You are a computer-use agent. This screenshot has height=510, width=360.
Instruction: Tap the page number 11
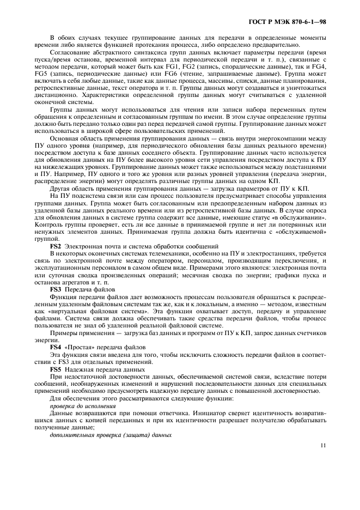tap(322, 445)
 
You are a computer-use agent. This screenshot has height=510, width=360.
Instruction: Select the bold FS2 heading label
tap(56, 246)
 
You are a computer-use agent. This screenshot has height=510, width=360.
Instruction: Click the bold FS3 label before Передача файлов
tap(56, 289)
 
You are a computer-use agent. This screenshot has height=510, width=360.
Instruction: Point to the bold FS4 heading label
tap(56, 347)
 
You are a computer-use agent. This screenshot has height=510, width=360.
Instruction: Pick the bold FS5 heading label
tap(56, 369)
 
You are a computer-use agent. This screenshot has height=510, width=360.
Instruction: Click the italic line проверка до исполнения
tap(82, 406)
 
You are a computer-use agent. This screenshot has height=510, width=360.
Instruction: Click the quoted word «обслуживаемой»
tap(301, 232)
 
